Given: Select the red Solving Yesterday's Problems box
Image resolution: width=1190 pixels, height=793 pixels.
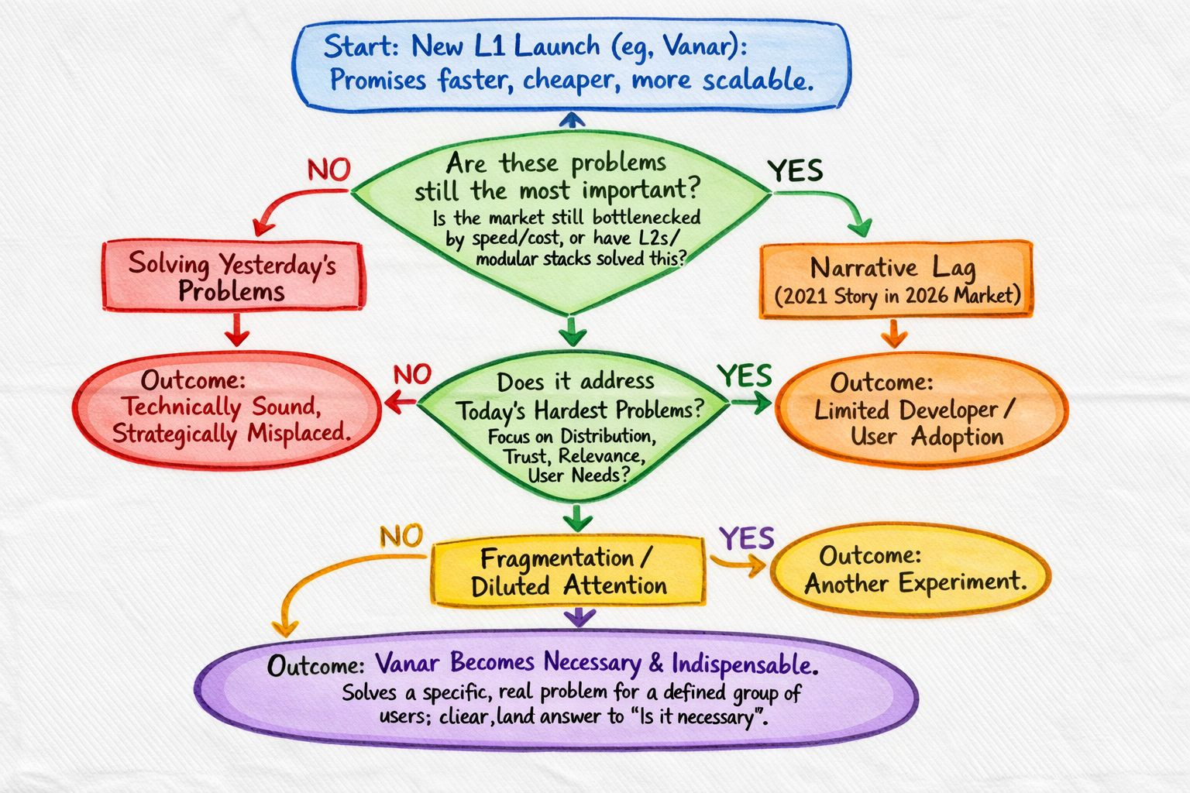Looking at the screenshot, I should point(232,276).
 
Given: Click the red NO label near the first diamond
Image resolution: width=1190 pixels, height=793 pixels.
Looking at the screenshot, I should point(328,170).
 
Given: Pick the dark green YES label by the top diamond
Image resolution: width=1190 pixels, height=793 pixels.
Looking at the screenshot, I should point(795,170).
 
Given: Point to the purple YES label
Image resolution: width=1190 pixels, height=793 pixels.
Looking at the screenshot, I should point(746,537).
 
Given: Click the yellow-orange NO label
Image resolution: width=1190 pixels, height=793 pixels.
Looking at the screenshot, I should point(401,535).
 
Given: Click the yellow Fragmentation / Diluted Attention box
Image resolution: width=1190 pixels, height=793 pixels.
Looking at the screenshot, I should point(568,572).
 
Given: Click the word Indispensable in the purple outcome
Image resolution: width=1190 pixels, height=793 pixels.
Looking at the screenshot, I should point(744,664).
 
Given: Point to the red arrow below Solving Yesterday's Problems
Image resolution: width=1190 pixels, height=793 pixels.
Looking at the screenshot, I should point(237,331).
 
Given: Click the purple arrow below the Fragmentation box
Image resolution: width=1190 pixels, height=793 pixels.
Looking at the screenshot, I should point(580,616).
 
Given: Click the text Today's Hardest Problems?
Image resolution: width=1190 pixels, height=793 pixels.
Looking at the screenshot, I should point(580,410).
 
